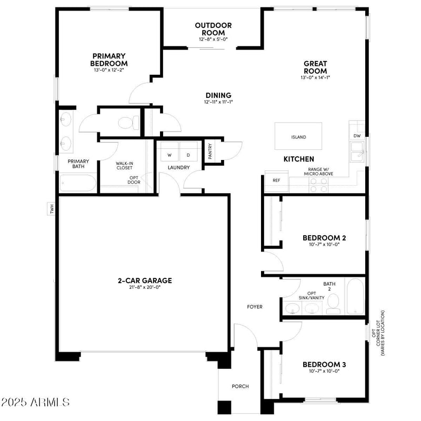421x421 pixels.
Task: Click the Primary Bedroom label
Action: pyautogui.click(x=108, y=59)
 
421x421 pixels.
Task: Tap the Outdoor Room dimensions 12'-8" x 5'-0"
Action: pyautogui.click(x=213, y=39)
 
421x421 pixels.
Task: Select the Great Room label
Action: pyautogui.click(x=315, y=67)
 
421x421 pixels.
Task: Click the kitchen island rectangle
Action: pyautogui.click(x=298, y=137)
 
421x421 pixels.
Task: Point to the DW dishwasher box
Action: pyautogui.click(x=357, y=136)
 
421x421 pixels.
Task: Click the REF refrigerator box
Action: pyautogui.click(x=276, y=181)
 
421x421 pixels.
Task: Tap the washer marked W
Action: pyautogui.click(x=170, y=155)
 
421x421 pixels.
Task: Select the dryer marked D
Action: pyautogui.click(x=188, y=155)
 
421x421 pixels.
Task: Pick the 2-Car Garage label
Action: pyautogui.click(x=144, y=280)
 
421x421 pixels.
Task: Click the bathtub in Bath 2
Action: pyautogui.click(x=354, y=296)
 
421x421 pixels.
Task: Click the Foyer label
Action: pyautogui.click(x=255, y=307)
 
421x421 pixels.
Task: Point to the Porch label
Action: pyautogui.click(x=240, y=386)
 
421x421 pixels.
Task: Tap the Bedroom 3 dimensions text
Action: pyautogui.click(x=324, y=371)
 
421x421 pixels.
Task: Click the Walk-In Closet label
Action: pyautogui.click(x=124, y=165)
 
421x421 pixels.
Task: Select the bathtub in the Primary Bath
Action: pyautogui.click(x=78, y=184)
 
